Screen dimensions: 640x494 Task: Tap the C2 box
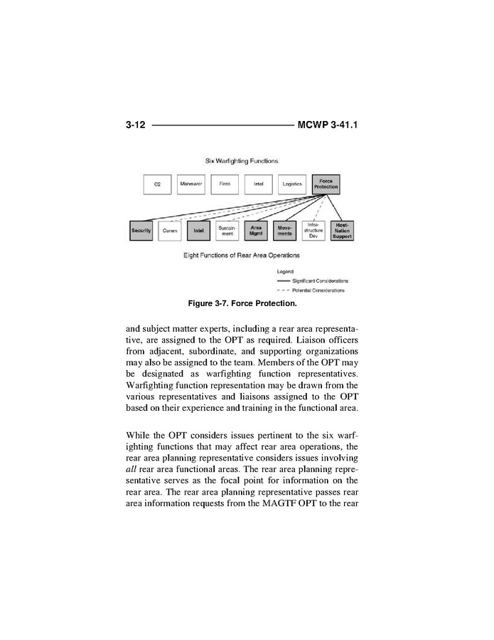click(156, 184)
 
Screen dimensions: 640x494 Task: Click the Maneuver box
click(190, 184)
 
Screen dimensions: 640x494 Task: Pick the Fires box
click(225, 184)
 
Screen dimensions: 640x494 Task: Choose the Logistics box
click(292, 184)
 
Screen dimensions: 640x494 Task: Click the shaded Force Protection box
click(326, 184)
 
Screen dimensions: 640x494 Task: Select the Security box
click(141, 231)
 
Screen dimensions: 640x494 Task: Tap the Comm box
click(170, 231)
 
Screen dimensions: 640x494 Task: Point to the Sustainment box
click(227, 231)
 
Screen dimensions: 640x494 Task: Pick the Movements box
click(284, 231)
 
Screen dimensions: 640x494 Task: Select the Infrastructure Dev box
click(313, 231)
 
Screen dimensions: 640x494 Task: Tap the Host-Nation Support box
click(342, 231)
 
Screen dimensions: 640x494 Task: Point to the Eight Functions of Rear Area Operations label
click(242, 254)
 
